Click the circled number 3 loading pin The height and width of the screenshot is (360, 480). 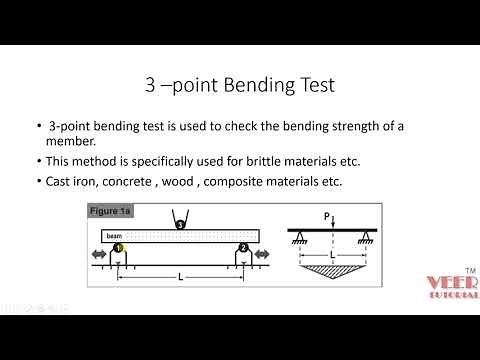pyautogui.click(x=179, y=225)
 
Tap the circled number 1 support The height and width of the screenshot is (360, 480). pyautogui.click(x=118, y=248)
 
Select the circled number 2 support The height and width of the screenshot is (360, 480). pyautogui.click(x=242, y=248)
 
